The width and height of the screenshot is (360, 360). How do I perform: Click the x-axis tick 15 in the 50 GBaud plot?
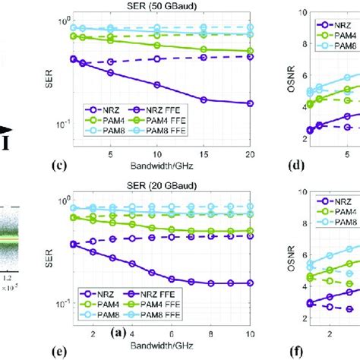[x=204, y=154]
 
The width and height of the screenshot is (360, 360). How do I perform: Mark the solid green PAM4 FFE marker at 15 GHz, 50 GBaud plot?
[x=204, y=49]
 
